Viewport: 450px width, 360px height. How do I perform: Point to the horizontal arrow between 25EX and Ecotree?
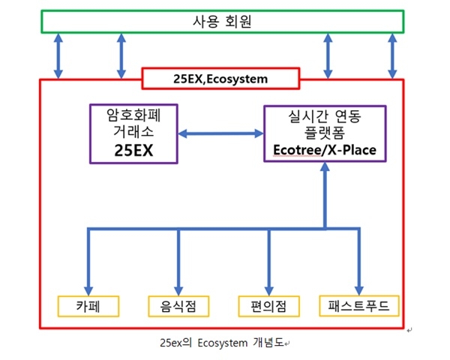click(220, 133)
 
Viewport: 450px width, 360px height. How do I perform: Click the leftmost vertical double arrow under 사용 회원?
click(58, 56)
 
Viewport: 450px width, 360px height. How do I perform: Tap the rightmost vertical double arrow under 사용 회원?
click(392, 56)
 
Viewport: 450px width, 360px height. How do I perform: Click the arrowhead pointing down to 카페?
click(88, 290)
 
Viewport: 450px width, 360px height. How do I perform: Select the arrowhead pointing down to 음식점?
click(178, 290)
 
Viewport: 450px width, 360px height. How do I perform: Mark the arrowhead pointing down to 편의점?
click(269, 290)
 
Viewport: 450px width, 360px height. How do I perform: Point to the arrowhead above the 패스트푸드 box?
click(359, 290)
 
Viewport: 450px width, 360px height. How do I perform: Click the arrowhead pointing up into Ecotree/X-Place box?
click(325, 167)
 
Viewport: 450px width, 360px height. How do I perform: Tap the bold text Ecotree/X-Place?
click(325, 150)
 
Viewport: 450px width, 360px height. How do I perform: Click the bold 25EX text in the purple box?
click(133, 150)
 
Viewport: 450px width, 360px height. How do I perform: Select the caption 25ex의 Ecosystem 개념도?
click(222, 343)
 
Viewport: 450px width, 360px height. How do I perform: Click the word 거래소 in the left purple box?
click(133, 131)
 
